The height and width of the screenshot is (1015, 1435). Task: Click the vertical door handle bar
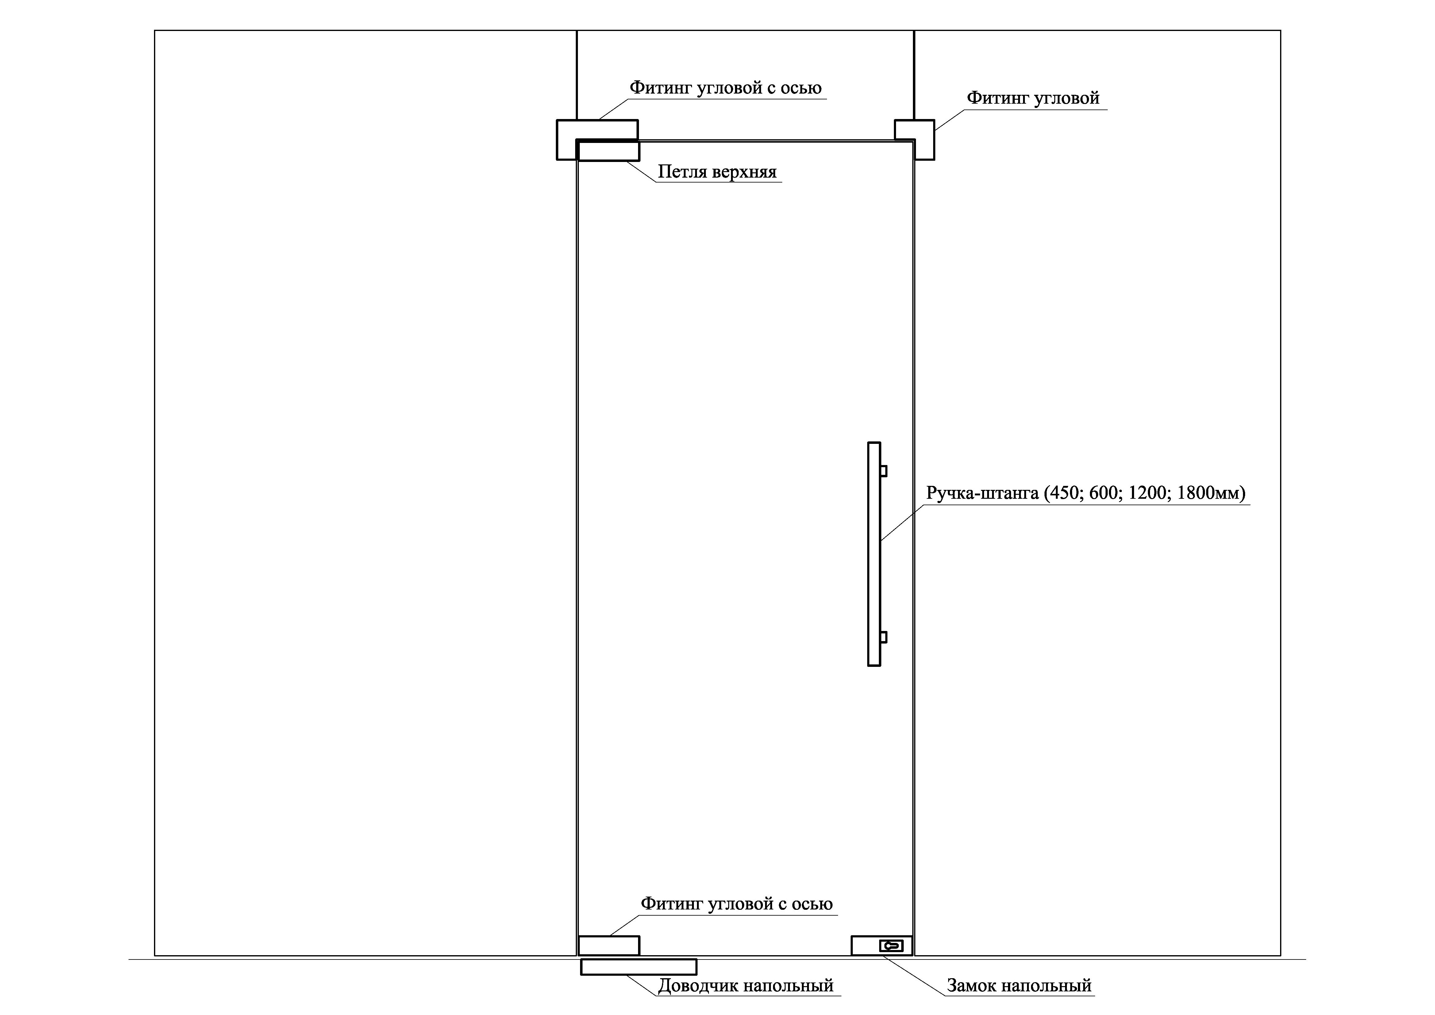(874, 554)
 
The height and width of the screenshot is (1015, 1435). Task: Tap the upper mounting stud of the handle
(884, 471)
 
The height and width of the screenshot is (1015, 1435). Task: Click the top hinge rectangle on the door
(608, 151)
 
